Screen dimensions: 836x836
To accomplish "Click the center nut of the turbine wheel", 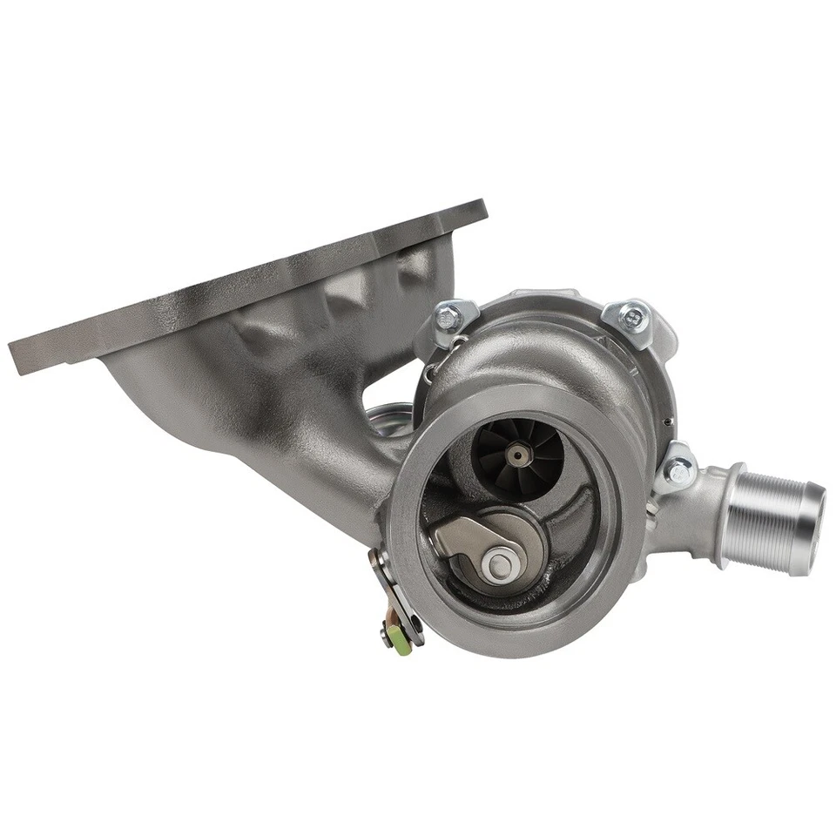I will (x=519, y=454).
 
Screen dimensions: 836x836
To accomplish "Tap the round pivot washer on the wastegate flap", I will (x=500, y=565).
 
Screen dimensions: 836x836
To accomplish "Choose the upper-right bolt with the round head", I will (x=633, y=316).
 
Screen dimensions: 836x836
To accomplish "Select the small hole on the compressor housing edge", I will (x=664, y=421).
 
